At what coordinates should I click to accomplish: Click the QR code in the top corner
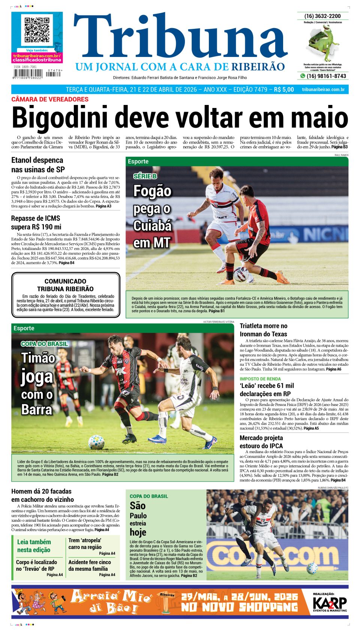(37, 30)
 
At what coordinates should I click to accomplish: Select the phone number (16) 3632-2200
(322, 16)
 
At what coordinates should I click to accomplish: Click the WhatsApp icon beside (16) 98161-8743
(303, 76)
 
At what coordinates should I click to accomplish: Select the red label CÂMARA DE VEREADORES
(50, 99)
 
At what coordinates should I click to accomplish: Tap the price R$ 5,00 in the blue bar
(284, 90)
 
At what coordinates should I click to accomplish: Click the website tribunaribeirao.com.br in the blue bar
(323, 90)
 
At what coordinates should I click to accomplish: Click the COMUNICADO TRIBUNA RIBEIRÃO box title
(66, 285)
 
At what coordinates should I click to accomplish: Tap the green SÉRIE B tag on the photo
(145, 176)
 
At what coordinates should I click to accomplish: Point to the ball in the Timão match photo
(96, 442)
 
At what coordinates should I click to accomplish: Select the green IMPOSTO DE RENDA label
(260, 379)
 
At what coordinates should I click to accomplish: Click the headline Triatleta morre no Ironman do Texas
(264, 330)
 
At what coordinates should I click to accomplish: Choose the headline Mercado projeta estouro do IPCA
(261, 442)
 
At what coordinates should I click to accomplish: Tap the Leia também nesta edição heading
(34, 546)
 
